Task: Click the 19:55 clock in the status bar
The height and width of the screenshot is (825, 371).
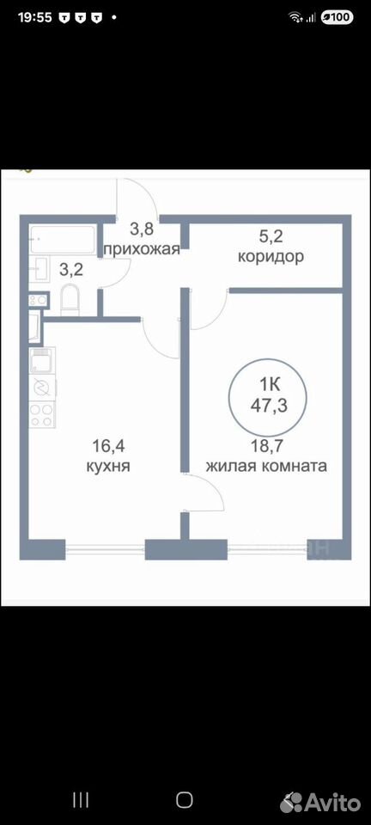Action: coord(34,17)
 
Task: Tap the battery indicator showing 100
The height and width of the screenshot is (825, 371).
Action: coord(337,17)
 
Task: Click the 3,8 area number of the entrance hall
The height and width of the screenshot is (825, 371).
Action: coord(142,229)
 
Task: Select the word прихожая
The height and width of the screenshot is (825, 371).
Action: coord(142,248)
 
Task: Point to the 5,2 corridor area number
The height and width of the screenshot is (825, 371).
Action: coord(271,236)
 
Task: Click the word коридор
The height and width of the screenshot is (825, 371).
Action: coord(271,257)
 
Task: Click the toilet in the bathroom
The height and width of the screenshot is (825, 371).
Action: coord(70,299)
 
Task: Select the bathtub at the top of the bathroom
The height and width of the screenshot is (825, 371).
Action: coord(63,241)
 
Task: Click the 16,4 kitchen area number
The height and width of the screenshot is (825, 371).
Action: coord(107,446)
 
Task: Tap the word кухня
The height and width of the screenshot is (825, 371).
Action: coord(107,466)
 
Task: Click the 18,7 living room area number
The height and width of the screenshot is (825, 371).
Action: coord(268,446)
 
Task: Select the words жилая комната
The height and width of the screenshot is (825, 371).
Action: coord(267,466)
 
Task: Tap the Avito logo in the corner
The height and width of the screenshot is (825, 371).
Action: coord(320,803)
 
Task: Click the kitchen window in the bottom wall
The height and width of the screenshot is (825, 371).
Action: coord(105,550)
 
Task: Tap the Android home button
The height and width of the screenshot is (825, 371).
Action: coord(185,800)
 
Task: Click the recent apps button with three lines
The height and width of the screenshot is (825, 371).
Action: coord(81,800)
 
